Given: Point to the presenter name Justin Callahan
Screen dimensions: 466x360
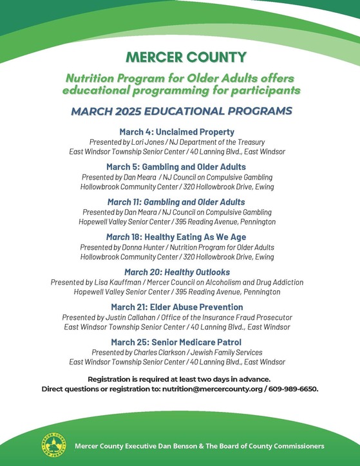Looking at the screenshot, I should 128,317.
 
